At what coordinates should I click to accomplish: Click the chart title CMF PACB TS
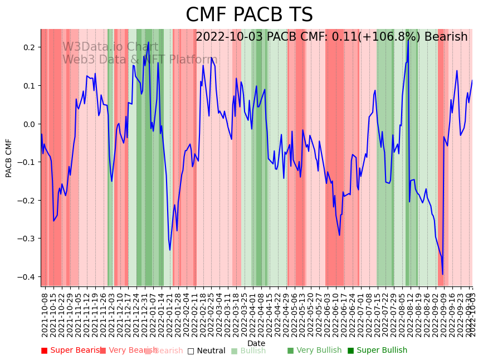tap(249, 15)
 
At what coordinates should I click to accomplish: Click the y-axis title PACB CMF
tap(9, 158)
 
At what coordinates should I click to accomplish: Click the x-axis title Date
tap(256, 343)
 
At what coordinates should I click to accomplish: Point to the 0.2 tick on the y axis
tap(29, 47)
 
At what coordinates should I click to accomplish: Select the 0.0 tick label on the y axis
tap(29, 124)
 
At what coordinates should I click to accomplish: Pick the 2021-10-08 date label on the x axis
tap(45, 315)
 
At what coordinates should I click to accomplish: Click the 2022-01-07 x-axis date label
tap(152, 315)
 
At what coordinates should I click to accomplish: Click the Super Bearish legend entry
tap(72, 351)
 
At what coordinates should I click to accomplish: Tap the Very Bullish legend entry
tap(314, 351)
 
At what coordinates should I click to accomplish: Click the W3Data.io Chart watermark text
tap(110, 47)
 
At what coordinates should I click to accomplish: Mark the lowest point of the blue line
tap(443, 274)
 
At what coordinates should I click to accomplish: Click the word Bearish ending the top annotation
tap(446, 37)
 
